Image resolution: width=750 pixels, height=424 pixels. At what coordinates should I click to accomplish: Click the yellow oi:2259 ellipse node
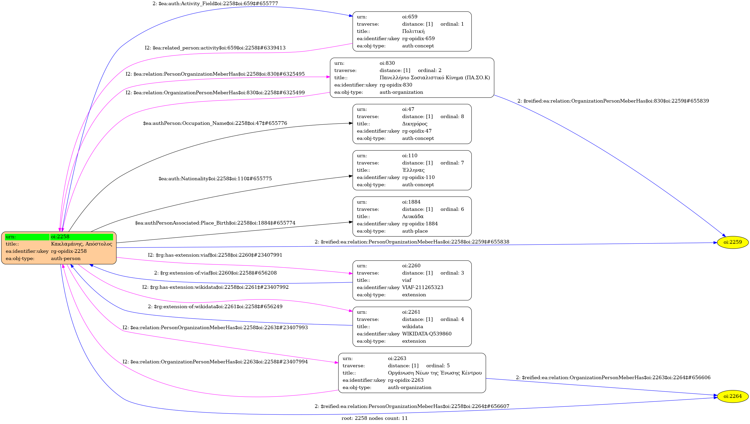click(x=733, y=242)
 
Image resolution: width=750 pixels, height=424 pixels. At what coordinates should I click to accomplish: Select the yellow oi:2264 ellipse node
click(x=733, y=396)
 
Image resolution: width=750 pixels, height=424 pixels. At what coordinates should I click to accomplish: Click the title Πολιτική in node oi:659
click(x=413, y=31)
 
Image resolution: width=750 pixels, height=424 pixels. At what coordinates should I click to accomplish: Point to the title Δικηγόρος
click(x=415, y=124)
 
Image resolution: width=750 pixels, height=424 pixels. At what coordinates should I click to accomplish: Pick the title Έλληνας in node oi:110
click(x=413, y=170)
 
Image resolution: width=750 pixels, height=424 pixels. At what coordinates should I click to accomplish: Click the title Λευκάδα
click(x=413, y=216)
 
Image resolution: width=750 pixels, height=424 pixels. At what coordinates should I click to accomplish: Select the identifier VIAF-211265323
click(x=422, y=288)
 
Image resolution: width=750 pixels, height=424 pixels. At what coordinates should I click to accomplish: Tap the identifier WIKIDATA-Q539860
click(x=427, y=334)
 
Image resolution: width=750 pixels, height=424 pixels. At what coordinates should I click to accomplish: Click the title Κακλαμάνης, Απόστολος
click(x=82, y=244)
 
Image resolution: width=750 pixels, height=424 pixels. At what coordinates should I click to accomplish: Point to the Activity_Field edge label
click(x=215, y=3)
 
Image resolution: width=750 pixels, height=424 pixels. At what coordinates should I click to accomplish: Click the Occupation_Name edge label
click(x=215, y=123)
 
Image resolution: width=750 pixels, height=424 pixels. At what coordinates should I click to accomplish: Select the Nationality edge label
click(x=215, y=178)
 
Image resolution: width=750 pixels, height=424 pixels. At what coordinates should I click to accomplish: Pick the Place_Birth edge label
click(x=215, y=223)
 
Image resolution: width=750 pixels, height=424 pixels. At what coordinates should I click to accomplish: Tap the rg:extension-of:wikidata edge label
click(x=215, y=306)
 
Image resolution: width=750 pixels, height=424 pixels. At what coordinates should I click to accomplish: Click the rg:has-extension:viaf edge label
click(x=215, y=255)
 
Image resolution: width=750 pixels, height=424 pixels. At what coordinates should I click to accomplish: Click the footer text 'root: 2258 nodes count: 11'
click(x=374, y=418)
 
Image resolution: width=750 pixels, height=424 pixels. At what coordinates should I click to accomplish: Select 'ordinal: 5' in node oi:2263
click(x=438, y=365)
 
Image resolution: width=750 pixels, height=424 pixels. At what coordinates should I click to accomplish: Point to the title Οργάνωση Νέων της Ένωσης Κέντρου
click(x=434, y=373)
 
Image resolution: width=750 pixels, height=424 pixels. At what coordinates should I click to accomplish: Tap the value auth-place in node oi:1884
click(x=415, y=231)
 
